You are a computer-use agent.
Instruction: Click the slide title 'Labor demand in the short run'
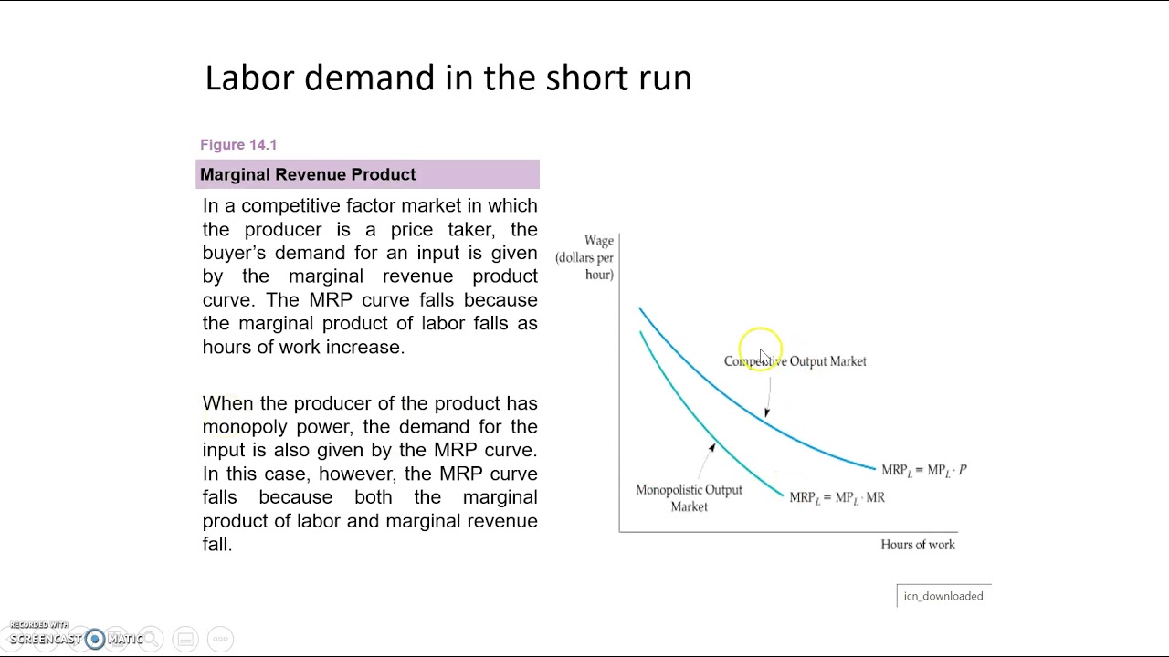pyautogui.click(x=448, y=78)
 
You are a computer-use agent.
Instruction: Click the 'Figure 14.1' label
pyautogui.click(x=238, y=145)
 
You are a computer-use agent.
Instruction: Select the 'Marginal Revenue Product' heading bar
pyautogui.click(x=367, y=174)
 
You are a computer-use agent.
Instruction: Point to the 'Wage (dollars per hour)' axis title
pyautogui.click(x=585, y=257)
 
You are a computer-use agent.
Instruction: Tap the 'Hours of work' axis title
pyautogui.click(x=917, y=545)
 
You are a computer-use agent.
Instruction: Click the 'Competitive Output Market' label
pyautogui.click(x=795, y=361)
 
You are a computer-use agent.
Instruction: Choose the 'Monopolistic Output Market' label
pyautogui.click(x=689, y=498)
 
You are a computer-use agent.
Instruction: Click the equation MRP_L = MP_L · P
pyautogui.click(x=923, y=471)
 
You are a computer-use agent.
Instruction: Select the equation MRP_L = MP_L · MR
pyautogui.click(x=837, y=498)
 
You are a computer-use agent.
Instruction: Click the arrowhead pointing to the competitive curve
pyautogui.click(x=766, y=412)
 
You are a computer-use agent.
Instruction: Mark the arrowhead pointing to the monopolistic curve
pyautogui.click(x=712, y=447)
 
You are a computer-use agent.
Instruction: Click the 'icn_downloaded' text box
pyautogui.click(x=943, y=596)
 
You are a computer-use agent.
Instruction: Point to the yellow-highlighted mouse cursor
pyautogui.click(x=761, y=351)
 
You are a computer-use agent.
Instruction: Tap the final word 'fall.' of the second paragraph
pyautogui.click(x=217, y=544)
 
